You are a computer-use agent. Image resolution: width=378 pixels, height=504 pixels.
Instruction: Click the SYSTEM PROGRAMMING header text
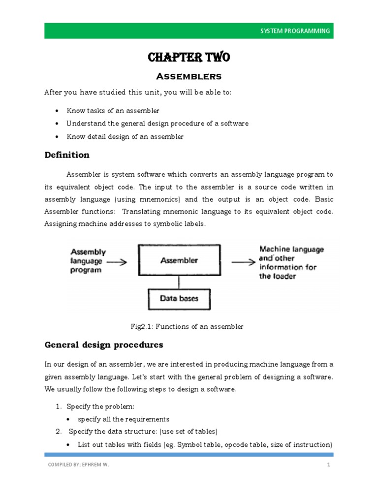pyautogui.click(x=295, y=31)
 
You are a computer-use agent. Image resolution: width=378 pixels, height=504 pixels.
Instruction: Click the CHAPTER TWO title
pyautogui.click(x=189, y=58)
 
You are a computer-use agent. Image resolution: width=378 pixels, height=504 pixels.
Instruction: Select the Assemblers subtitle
pyautogui.click(x=189, y=76)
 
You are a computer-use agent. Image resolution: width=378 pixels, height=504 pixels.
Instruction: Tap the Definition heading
pyautogui.click(x=67, y=155)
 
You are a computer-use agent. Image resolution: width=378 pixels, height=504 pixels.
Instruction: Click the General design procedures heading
pyautogui.click(x=103, y=345)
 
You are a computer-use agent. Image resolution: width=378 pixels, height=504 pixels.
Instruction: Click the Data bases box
pyautogui.click(x=179, y=298)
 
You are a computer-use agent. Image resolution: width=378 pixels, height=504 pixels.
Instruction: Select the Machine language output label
pyautogui.click(x=291, y=262)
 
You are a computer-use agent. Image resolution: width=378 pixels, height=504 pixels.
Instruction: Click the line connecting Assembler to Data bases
pyautogui.click(x=179, y=282)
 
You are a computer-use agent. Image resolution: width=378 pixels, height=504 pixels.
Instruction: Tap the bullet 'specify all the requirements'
pyautogui.click(x=124, y=419)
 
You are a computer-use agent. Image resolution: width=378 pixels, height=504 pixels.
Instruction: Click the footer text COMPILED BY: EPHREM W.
pyautogui.click(x=78, y=464)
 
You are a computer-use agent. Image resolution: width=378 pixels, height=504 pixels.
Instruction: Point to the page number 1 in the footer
pyautogui.click(x=328, y=464)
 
